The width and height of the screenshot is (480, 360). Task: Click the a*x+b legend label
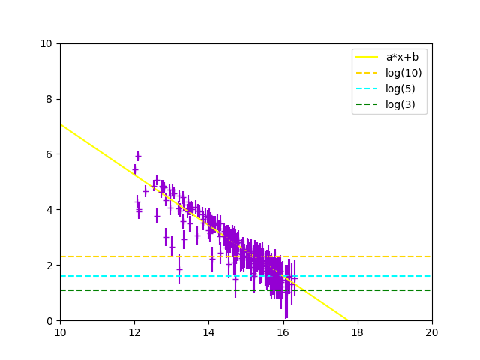tap(403, 57)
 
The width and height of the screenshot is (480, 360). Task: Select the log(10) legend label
tap(403, 73)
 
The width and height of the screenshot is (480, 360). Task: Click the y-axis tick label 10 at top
tap(46, 43)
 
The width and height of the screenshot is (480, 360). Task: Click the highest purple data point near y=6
tap(138, 156)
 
